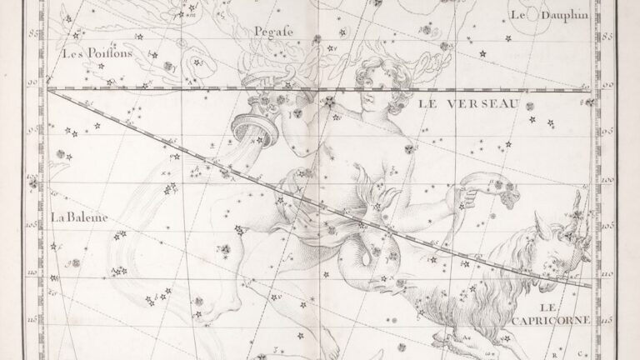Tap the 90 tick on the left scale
(34, 82)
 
